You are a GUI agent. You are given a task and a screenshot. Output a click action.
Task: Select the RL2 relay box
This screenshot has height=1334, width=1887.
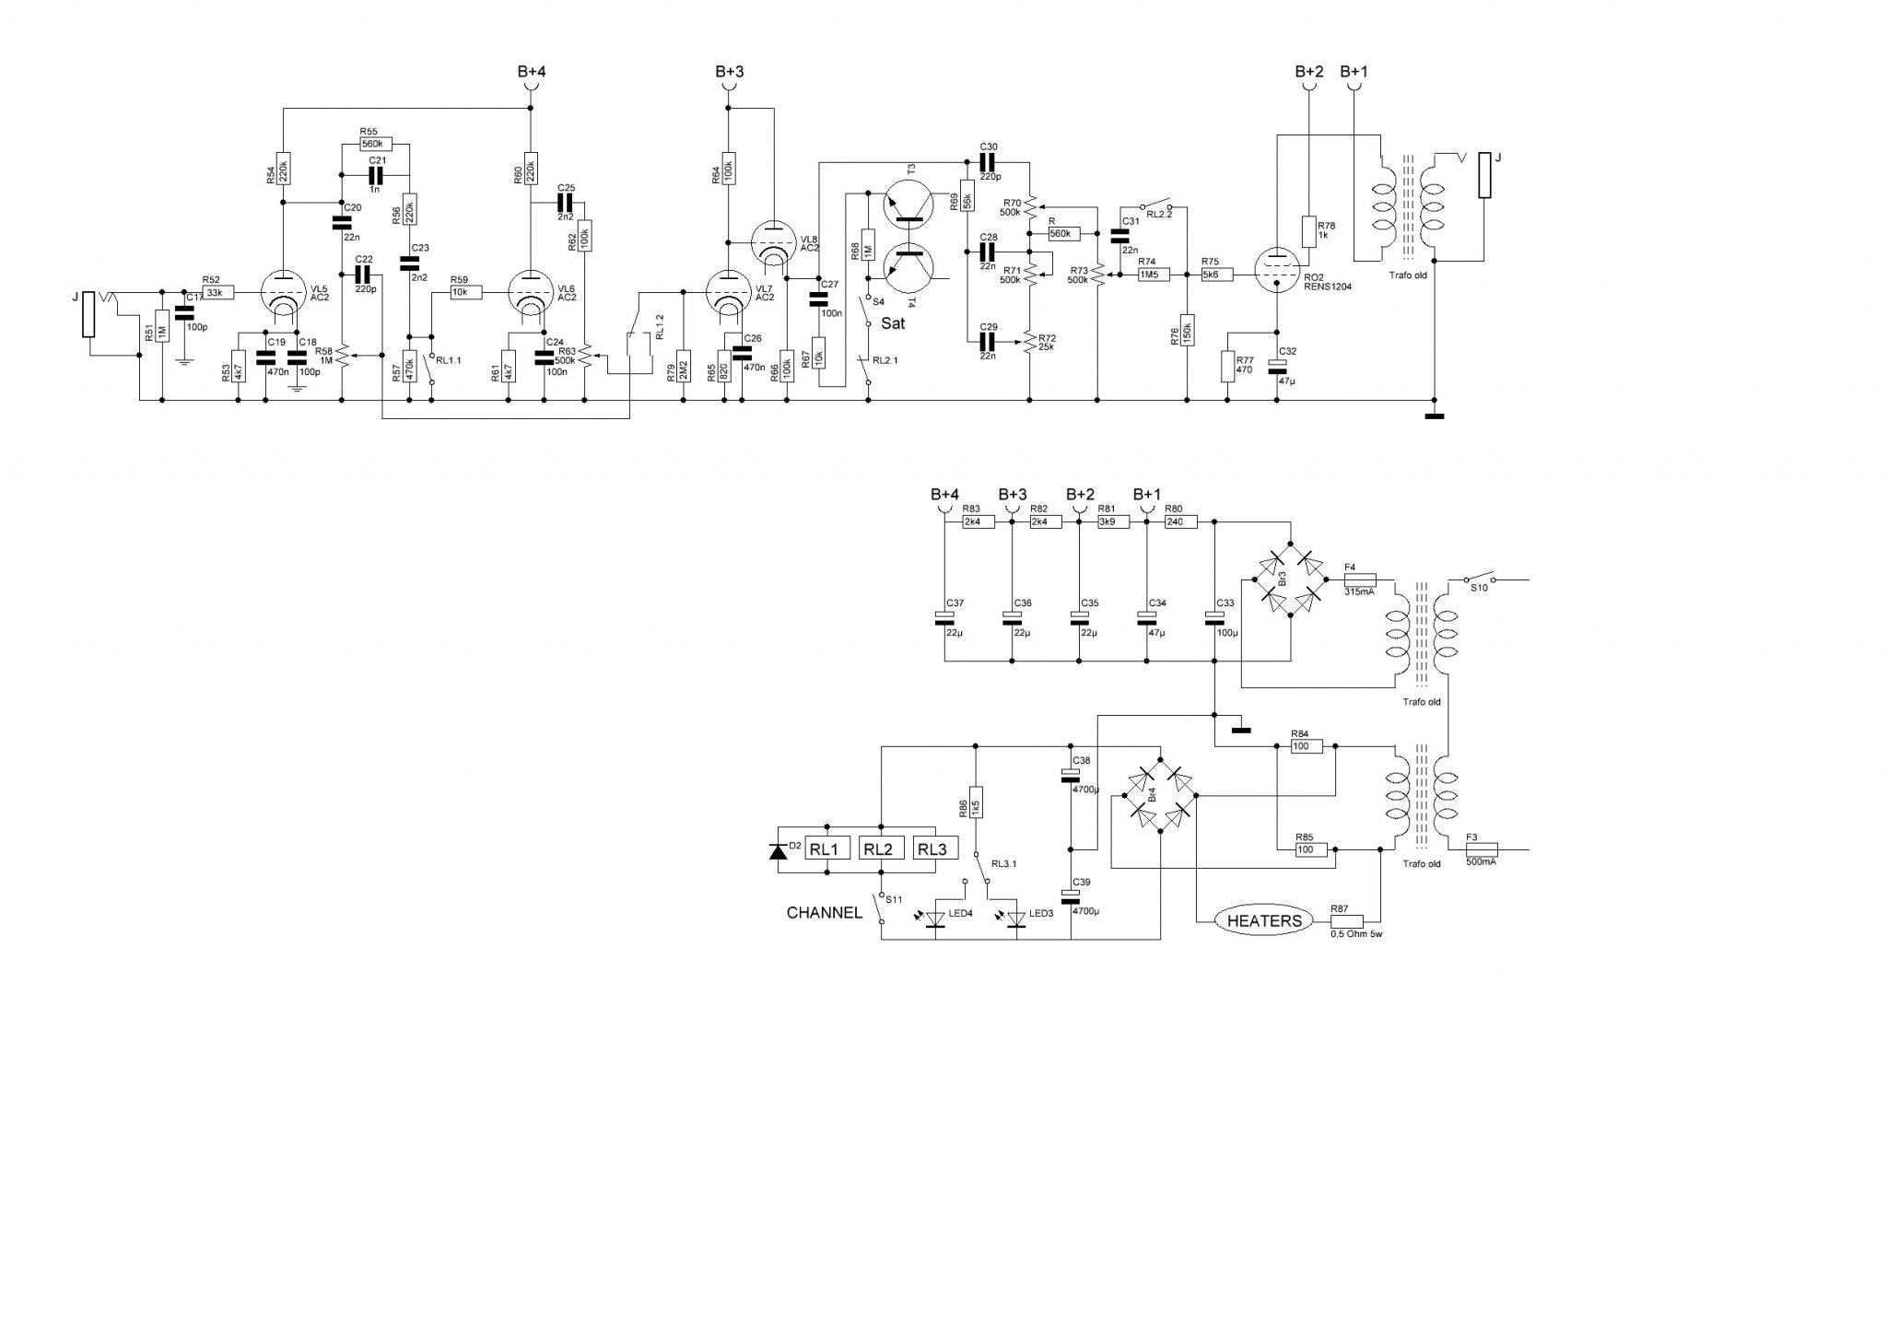pyautogui.click(x=876, y=848)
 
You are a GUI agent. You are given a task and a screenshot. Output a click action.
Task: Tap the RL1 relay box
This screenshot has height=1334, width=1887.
pyautogui.click(x=823, y=848)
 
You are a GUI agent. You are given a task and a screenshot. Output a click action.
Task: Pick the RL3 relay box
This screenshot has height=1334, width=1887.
pyautogui.click(x=931, y=848)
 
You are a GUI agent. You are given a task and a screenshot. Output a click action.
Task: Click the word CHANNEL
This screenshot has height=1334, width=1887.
pyautogui.click(x=825, y=913)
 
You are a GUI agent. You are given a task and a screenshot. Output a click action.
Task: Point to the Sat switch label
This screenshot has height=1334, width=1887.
pyautogui.click(x=894, y=323)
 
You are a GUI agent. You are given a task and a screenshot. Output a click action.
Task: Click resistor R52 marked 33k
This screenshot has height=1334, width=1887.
pyautogui.click(x=218, y=292)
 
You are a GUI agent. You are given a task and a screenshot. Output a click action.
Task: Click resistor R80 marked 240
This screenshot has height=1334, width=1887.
pyautogui.click(x=1179, y=521)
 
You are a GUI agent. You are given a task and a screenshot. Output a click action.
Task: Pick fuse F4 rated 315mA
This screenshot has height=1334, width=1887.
pyautogui.click(x=1361, y=579)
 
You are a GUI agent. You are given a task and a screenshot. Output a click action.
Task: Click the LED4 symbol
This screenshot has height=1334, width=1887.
pyautogui.click(x=935, y=919)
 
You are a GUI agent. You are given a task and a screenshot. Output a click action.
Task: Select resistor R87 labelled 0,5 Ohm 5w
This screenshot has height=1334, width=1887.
pyautogui.click(x=1346, y=920)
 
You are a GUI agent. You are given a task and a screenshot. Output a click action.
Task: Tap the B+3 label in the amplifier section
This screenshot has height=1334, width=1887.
pyautogui.click(x=728, y=71)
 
